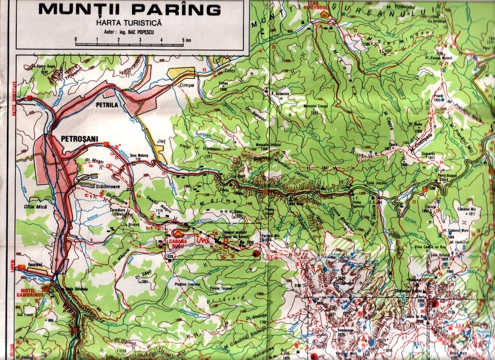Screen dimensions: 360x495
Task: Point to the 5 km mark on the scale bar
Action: tap(183, 40)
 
